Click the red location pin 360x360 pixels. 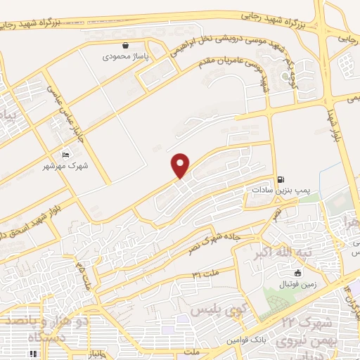[x=181, y=165]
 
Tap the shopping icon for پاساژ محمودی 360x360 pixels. [x=125, y=45]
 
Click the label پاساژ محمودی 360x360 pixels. [x=124, y=56]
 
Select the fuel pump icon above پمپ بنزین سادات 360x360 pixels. [x=282, y=179]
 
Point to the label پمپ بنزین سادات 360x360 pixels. [x=281, y=190]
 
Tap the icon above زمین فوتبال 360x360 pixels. [x=298, y=272]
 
